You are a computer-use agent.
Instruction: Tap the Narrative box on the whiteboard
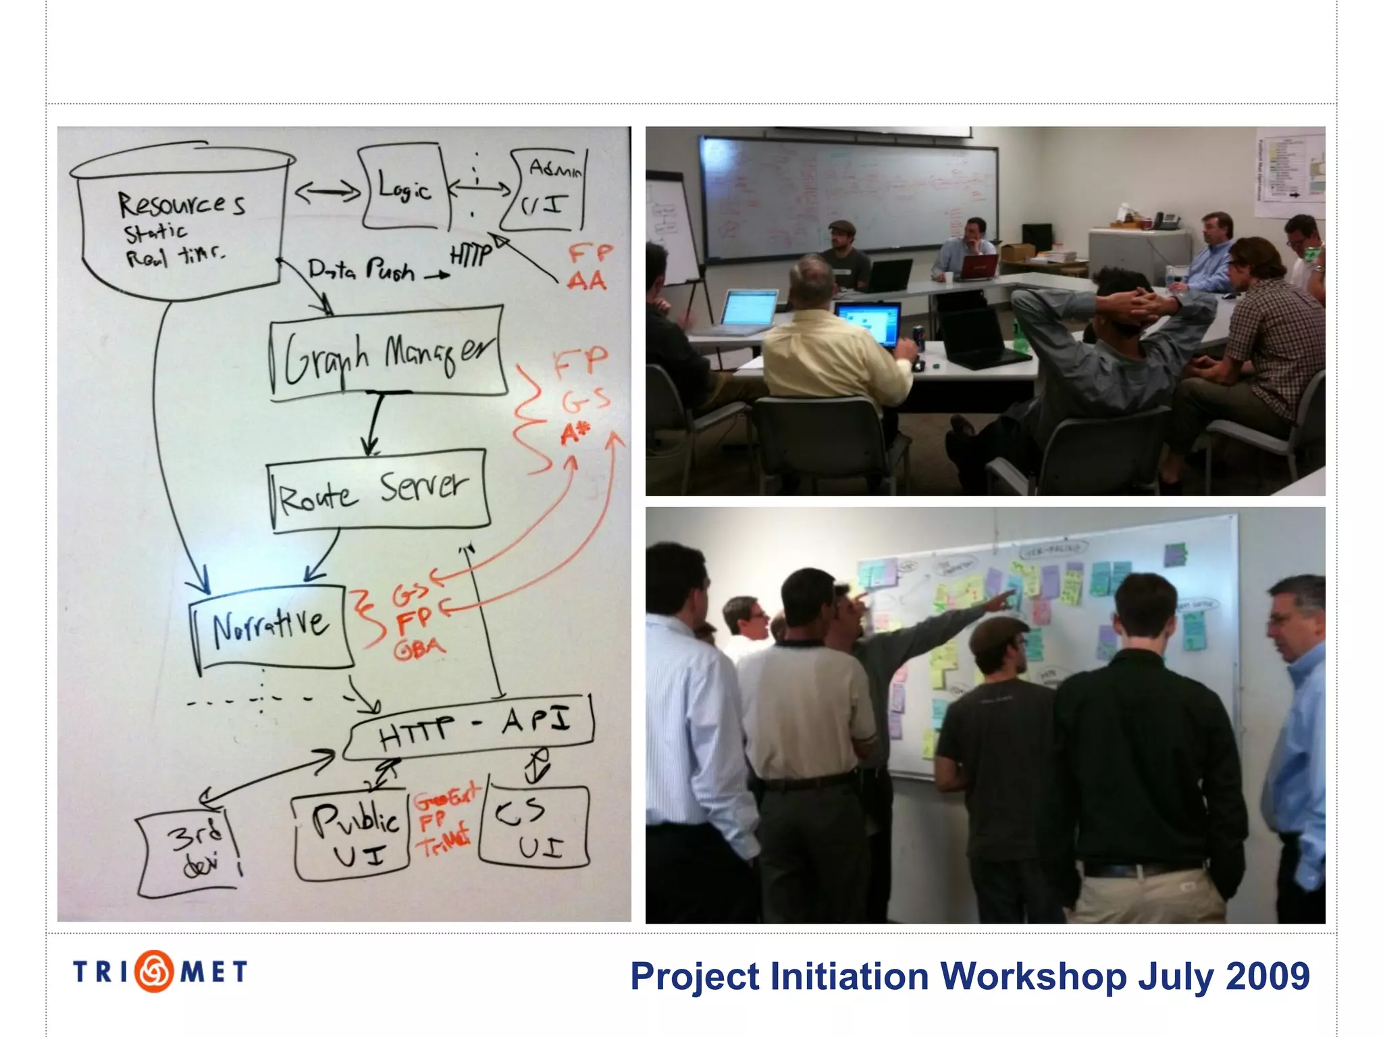[x=270, y=627]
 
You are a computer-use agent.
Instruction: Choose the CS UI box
[x=533, y=828]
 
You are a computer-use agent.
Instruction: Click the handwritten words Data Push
[x=361, y=270]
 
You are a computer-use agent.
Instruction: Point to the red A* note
[x=575, y=433]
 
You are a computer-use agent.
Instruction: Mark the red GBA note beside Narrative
[x=419, y=649]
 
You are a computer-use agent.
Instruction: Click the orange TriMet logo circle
[x=155, y=972]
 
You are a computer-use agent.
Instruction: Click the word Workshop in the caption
[x=1033, y=976]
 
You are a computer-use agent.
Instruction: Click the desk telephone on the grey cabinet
[x=1166, y=220]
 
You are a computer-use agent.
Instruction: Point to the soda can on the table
[x=918, y=338]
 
